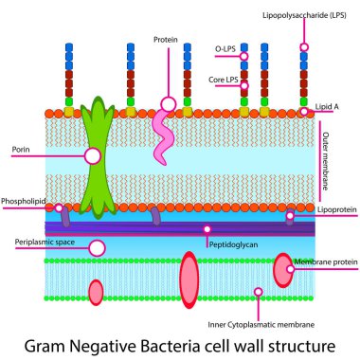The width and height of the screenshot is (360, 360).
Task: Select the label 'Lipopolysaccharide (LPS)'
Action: tap(303, 16)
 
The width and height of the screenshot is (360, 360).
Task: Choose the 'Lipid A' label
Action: tap(331, 107)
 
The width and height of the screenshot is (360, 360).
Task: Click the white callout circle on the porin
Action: tap(93, 155)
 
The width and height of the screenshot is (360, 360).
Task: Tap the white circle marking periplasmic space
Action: tap(97, 247)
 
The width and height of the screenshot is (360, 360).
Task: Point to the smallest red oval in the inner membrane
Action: tap(96, 291)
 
